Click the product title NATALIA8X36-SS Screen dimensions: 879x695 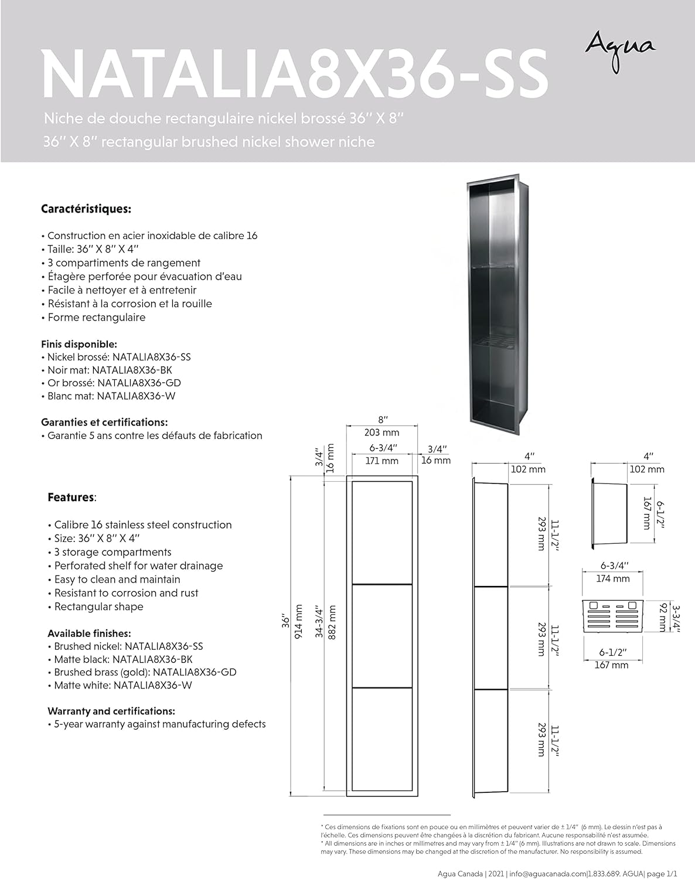click(x=295, y=74)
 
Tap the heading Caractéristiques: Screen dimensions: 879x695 click(x=86, y=209)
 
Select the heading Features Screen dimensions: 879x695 click(x=71, y=498)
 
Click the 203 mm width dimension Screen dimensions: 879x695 click(x=381, y=432)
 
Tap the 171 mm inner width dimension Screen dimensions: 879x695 click(x=381, y=461)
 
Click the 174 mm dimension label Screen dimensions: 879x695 click(x=612, y=578)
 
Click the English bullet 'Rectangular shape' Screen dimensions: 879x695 click(x=98, y=607)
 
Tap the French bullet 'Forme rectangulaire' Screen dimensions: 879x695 click(x=96, y=318)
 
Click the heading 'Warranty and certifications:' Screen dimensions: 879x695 click(x=111, y=711)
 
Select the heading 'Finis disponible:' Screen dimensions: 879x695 click(x=79, y=344)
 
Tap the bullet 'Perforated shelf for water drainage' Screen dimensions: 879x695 click(x=138, y=566)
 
